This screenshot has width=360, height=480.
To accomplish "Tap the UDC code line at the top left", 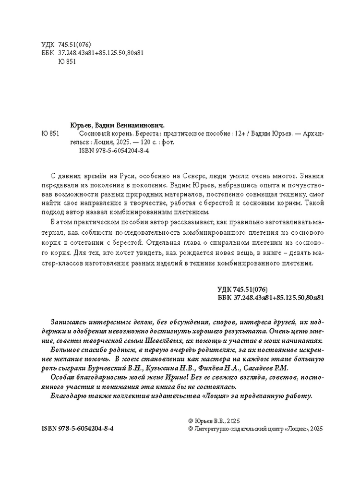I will (x=63, y=44).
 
